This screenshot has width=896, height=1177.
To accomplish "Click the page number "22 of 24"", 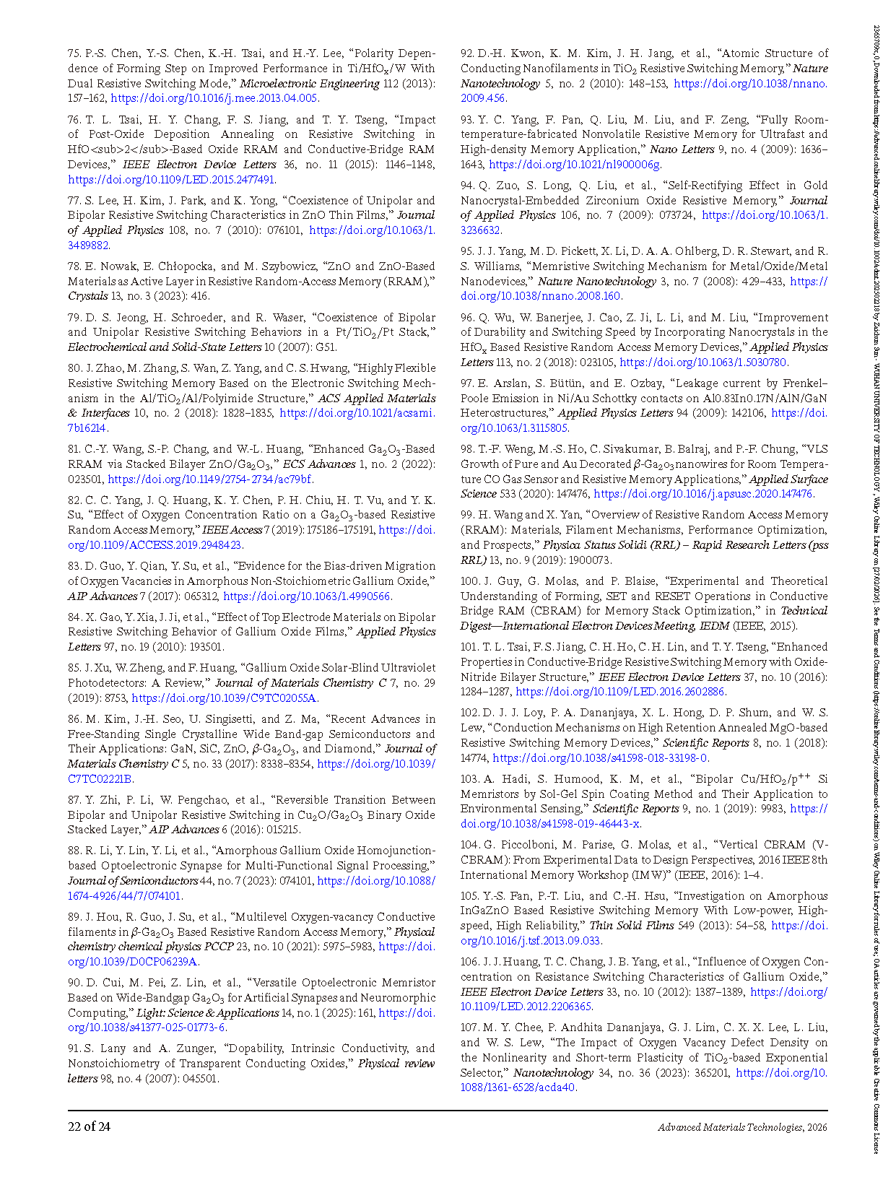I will (x=89, y=1126).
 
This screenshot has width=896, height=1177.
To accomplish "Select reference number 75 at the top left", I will (x=74, y=53).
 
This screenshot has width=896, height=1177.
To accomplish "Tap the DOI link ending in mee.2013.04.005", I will (x=214, y=98).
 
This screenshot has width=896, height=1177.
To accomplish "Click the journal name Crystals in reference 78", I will (x=87, y=296).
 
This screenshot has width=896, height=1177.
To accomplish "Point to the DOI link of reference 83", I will (x=308, y=596).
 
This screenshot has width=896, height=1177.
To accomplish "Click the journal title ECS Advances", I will (x=319, y=464).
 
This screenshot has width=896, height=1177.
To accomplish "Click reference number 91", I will (x=74, y=1048).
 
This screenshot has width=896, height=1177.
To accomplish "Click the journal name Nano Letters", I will (x=672, y=149).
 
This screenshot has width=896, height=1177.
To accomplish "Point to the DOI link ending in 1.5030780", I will (x=703, y=362).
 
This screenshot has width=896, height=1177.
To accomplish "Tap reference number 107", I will (x=469, y=1028).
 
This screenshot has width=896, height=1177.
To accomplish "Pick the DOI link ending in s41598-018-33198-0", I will (x=599, y=758).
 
